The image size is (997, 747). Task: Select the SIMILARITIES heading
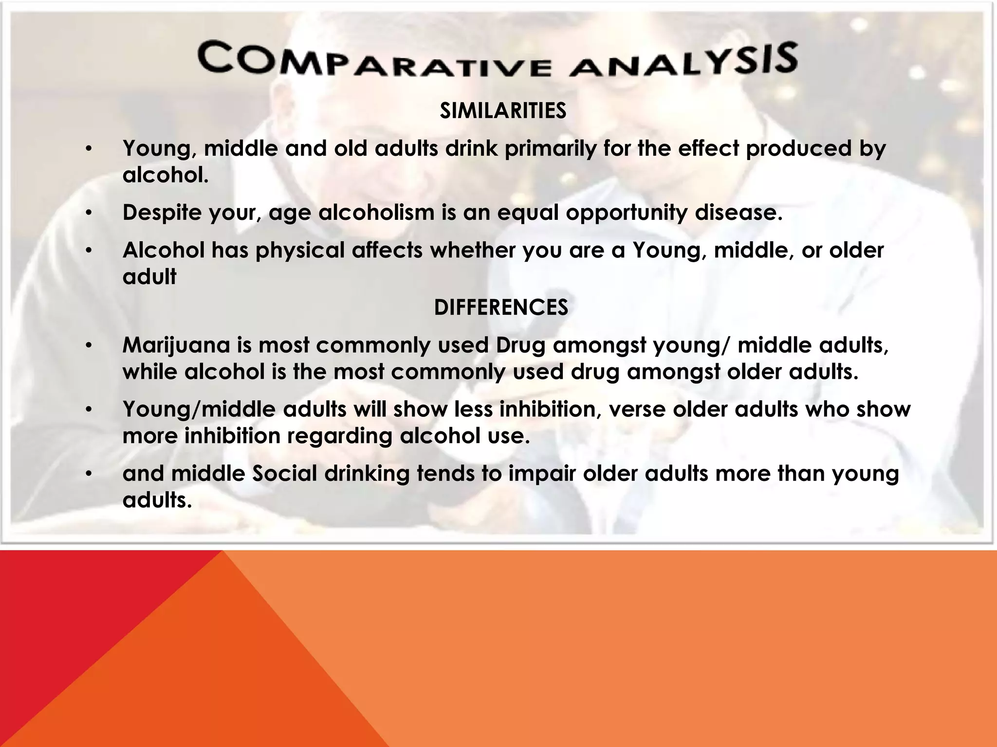coord(503,111)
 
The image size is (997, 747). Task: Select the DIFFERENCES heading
coord(501,307)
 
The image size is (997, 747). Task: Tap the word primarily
coord(550,149)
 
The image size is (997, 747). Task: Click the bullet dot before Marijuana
coord(88,346)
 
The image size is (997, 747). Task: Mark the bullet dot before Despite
coord(88,213)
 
